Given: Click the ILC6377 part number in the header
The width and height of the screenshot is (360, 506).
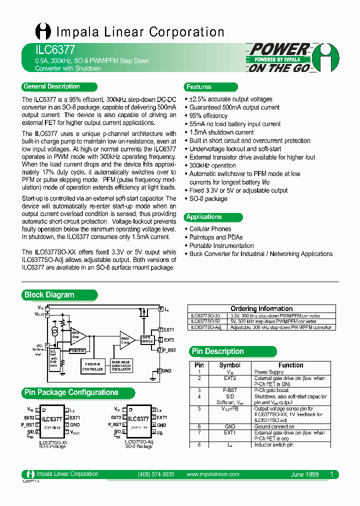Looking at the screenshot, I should (x=48, y=50).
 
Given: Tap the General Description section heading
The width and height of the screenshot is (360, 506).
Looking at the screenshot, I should (x=51, y=86).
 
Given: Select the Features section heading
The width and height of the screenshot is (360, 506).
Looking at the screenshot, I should (x=198, y=87).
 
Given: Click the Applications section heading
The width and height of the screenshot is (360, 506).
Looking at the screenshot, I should (x=203, y=217).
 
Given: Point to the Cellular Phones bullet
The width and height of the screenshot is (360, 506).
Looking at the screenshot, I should (x=210, y=229).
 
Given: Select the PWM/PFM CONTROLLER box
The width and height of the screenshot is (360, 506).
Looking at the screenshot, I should (x=92, y=367).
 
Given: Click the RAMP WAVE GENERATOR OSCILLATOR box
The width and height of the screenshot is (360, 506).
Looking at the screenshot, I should (x=121, y=366).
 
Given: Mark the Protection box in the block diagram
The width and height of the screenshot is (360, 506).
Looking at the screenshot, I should (x=76, y=351).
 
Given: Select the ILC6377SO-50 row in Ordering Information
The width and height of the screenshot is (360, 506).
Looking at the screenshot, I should (x=259, y=321).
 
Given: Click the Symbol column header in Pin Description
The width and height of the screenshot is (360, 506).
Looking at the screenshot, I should (x=229, y=365).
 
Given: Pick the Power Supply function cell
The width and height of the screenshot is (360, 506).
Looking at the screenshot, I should (x=268, y=372).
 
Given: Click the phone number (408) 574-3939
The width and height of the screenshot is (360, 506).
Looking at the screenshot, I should (x=155, y=474).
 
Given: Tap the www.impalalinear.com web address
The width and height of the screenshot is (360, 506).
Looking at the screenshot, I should (x=212, y=474).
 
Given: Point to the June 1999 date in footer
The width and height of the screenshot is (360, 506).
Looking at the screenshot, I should (x=304, y=474).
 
